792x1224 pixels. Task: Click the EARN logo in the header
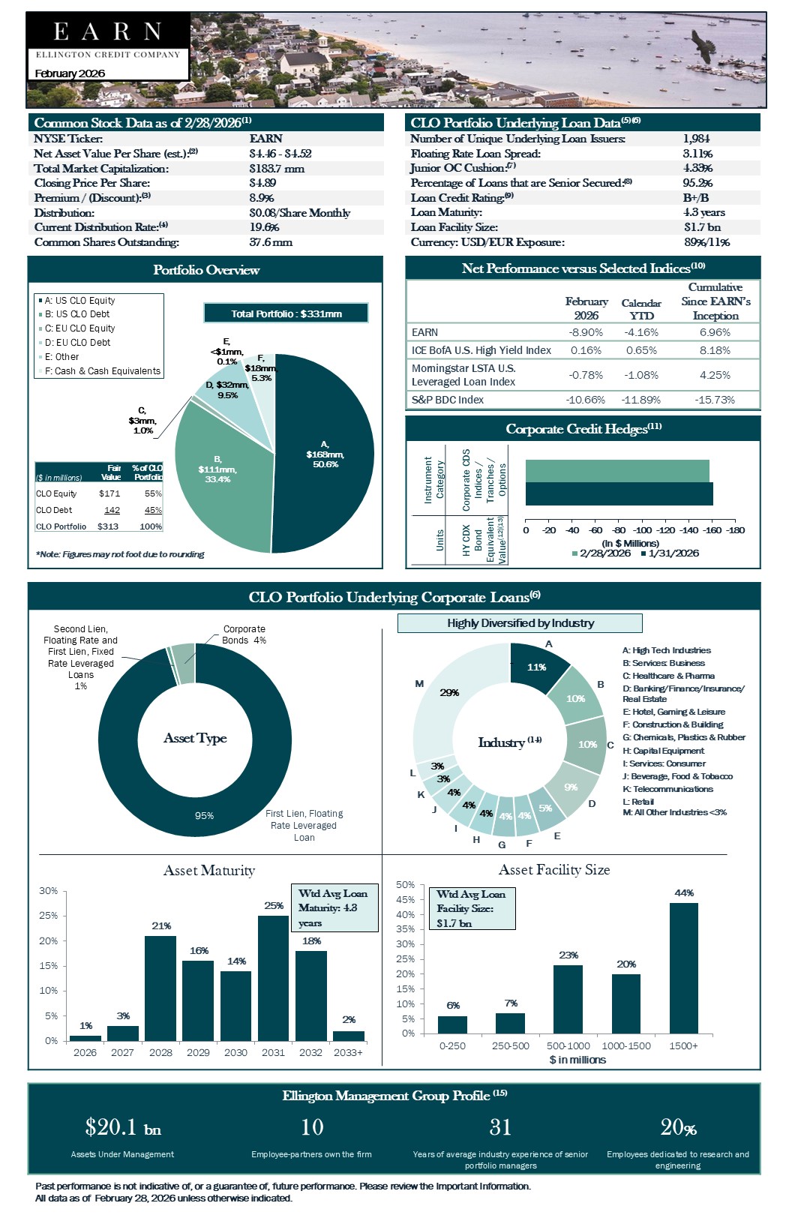click(x=107, y=31)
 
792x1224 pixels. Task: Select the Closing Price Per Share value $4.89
click(x=262, y=183)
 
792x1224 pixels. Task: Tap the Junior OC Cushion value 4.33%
click(x=697, y=168)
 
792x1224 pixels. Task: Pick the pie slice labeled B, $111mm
click(x=217, y=469)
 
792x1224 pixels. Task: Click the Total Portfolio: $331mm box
click(x=286, y=313)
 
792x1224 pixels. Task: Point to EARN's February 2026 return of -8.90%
click(x=586, y=332)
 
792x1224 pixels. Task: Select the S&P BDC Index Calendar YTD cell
click(x=641, y=400)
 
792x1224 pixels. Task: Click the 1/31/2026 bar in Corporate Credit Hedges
click(x=619, y=494)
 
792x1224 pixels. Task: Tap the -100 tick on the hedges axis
click(x=643, y=530)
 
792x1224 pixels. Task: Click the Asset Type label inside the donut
click(x=195, y=738)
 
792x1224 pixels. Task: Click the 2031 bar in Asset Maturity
click(x=273, y=978)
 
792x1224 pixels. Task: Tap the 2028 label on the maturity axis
click(x=160, y=1052)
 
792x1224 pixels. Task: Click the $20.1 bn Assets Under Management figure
click(x=123, y=1127)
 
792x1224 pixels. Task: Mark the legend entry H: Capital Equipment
click(x=663, y=751)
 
